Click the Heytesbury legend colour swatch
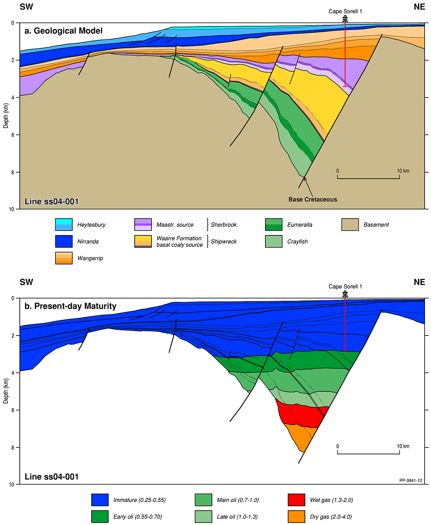64,225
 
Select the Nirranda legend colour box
64,242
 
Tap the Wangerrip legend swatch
64,258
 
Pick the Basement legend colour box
350,225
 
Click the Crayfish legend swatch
274,242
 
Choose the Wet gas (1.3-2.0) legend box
296,500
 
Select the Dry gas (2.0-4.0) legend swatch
296,517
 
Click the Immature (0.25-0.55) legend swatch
100,500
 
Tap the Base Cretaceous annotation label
313,200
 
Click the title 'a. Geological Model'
64,31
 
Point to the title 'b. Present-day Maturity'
70,306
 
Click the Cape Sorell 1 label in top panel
345,11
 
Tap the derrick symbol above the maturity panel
345,294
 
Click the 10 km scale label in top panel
403,171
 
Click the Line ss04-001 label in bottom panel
52,477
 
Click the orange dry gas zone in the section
300,438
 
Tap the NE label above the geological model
419,7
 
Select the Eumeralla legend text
300,225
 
